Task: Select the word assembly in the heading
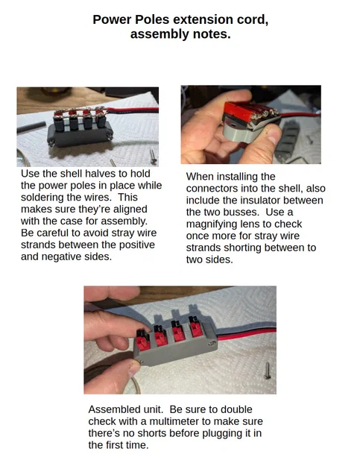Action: pyautogui.click(x=160, y=34)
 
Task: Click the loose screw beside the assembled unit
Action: pyautogui.click(x=267, y=371)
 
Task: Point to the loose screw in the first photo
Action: pyautogui.click(x=153, y=157)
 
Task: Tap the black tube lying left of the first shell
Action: pyautogui.click(x=31, y=127)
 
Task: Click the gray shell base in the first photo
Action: pyautogui.click(x=80, y=135)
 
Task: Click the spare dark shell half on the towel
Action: pyautogui.click(x=287, y=140)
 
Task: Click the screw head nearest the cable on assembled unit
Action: pyautogui.click(x=212, y=344)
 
